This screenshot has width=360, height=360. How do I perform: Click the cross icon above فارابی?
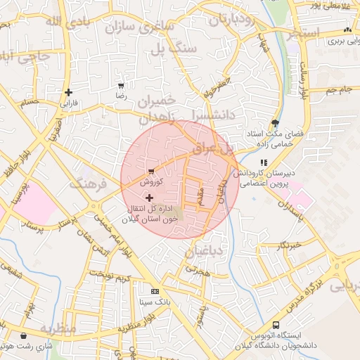(68, 92)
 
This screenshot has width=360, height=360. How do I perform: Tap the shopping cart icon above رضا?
(121, 85)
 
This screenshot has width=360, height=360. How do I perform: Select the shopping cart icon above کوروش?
(150, 171)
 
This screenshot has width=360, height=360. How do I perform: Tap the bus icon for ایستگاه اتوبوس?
(276, 326)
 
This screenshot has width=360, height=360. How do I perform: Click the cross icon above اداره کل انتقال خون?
(148, 198)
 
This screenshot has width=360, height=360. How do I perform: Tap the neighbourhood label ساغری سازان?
(139, 28)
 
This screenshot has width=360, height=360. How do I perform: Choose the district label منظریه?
(58, 328)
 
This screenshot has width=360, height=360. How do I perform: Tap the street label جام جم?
(338, 90)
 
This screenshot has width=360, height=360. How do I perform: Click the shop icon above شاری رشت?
(26, 336)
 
